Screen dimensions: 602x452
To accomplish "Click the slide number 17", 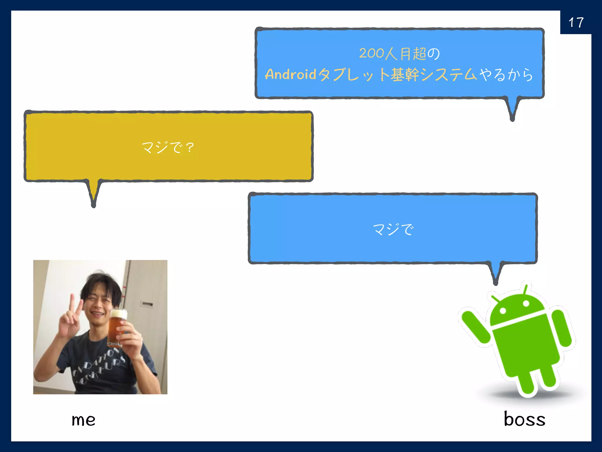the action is point(576,23).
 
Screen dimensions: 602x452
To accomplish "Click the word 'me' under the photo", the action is point(83,420).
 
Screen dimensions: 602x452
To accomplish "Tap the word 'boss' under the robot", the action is point(524,419).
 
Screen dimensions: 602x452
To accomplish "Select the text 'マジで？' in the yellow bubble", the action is point(168,147).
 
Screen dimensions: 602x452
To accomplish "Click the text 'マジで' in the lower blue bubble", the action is point(393,229).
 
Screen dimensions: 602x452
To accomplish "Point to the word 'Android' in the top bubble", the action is point(290,74).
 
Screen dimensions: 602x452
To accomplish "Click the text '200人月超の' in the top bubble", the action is point(399,54).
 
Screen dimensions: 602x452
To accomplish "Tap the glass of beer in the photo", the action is point(117,327).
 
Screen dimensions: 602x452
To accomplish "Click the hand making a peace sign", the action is point(71,321).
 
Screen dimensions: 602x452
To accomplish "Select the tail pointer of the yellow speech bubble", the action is point(94,194).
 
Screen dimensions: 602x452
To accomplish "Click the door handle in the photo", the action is point(147,304).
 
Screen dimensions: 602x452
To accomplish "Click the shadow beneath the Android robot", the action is point(529,394).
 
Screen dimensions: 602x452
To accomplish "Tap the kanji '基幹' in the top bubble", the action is point(405,74).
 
